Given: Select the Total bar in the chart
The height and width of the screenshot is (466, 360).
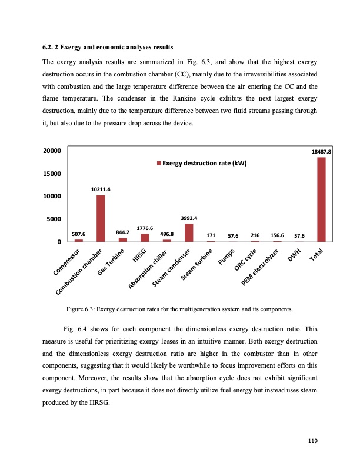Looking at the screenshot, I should pos(321,199).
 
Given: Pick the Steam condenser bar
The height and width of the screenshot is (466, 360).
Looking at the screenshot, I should pos(189,232).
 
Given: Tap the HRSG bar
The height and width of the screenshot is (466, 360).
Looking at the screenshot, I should pos(145,238).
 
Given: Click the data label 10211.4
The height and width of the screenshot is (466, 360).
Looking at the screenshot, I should pos(101,189).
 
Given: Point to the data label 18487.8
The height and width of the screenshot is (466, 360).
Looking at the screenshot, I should pos(321,151).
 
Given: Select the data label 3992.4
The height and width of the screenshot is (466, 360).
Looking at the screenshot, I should pos(189,218).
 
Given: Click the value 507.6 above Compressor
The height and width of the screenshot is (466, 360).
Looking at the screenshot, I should pos(79,234).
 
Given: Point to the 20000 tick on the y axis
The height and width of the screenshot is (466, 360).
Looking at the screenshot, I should pos(52,151).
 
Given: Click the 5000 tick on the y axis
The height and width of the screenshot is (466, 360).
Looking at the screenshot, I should pos(55,219).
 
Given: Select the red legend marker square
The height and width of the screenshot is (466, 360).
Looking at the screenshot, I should pos(158,163).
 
